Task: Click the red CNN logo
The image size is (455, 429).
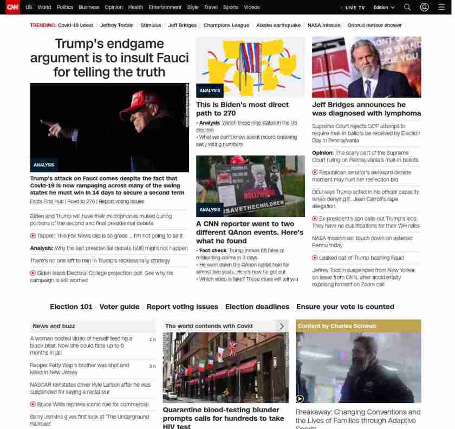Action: coord(12,7)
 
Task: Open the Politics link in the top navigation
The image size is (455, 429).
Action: coord(65,8)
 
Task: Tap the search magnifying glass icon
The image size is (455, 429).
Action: coord(407,7)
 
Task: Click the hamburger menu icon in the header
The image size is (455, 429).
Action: coord(441,7)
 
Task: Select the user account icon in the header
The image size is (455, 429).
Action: coord(425,7)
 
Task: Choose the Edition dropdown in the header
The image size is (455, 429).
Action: coord(384,8)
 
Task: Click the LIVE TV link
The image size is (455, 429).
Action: coord(353,8)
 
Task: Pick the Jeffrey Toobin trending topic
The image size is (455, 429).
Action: coord(117,25)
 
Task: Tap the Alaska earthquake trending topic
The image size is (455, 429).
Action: coord(278,25)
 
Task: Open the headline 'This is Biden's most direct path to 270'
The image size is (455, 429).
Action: coord(242,108)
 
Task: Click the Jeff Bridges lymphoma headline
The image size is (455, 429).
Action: coord(366,108)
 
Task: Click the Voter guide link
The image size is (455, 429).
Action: coord(119,306)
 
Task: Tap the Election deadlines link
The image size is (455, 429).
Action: coord(257,306)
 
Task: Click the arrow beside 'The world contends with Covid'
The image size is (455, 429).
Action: coord(282,326)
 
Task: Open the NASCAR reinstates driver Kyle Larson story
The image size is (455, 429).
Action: coord(90,388)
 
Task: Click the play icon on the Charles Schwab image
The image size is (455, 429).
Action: coord(300,399)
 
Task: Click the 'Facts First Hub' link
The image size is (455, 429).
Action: coord(47,201)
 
